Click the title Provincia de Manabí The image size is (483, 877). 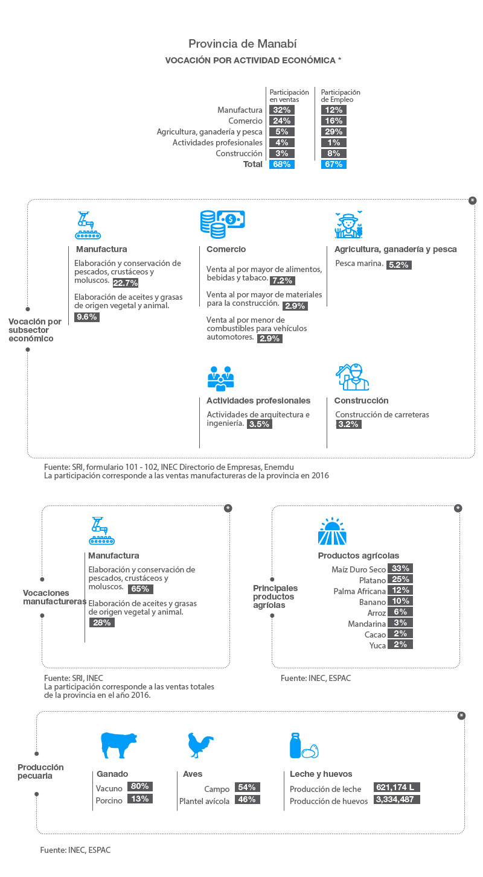pyautogui.click(x=242, y=43)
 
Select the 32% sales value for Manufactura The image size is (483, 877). pyautogui.click(x=281, y=110)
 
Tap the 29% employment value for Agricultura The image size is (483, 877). pyautogui.click(x=333, y=131)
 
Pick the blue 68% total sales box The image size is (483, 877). pyautogui.click(x=281, y=164)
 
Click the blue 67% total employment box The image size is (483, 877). pyautogui.click(x=333, y=164)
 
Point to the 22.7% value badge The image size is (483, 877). pyautogui.click(x=126, y=283)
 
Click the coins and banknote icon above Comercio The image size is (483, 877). pyautogui.click(x=222, y=224)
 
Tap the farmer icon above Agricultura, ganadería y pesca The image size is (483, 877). pyautogui.click(x=348, y=224)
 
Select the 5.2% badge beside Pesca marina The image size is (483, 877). pyautogui.click(x=398, y=265)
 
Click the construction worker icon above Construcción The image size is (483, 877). pyautogui.click(x=352, y=377)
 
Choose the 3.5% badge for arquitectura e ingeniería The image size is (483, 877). pyautogui.click(x=259, y=424)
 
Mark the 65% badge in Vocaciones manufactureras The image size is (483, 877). pyautogui.click(x=140, y=589)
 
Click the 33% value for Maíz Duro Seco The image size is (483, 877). pyautogui.click(x=400, y=568)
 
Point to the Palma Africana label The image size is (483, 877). pyautogui.click(x=359, y=591)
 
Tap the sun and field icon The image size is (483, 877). pyautogui.click(x=332, y=531)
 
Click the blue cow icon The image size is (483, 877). pyautogui.click(x=119, y=745)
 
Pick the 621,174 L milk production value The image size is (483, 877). pyautogui.click(x=397, y=787)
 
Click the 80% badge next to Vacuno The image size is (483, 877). pyautogui.click(x=140, y=786)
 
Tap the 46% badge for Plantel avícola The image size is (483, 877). pyautogui.click(x=247, y=799)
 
